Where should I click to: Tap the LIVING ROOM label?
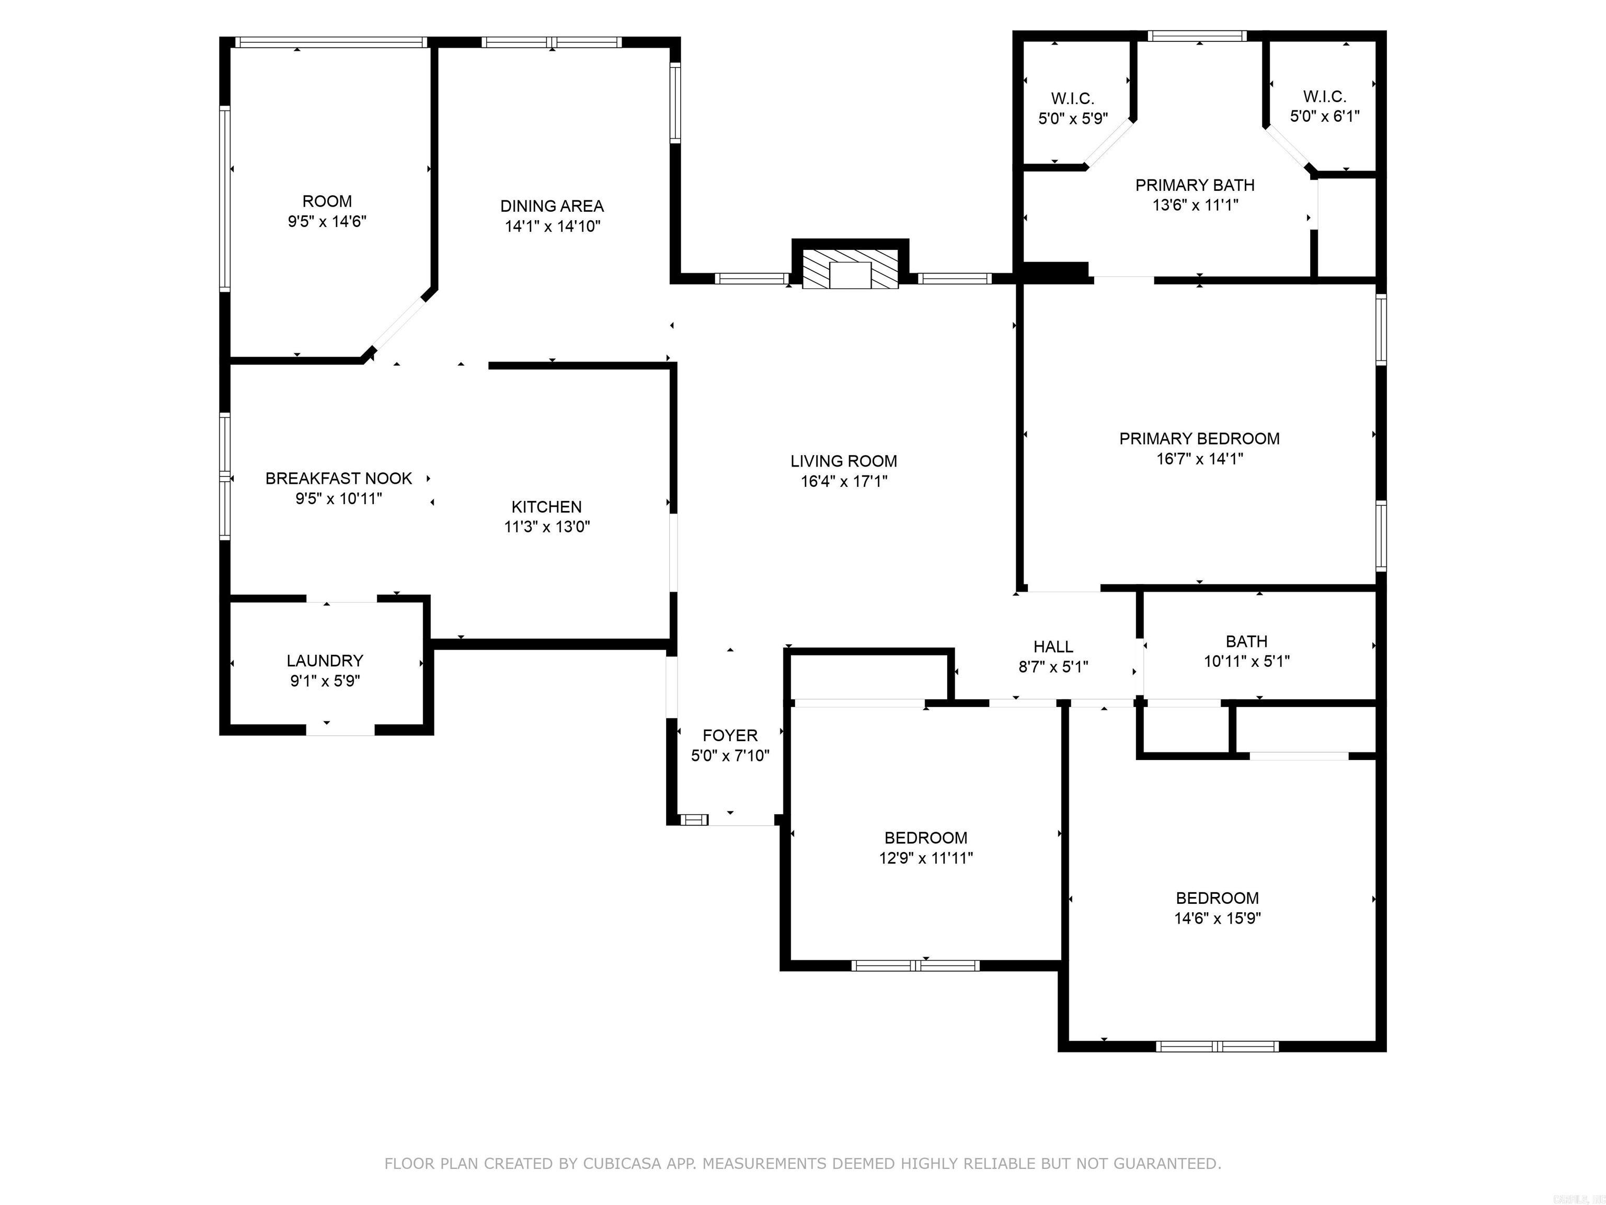pos(844,461)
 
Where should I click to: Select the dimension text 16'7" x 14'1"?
pos(1199,459)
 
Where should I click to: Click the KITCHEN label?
pos(547,507)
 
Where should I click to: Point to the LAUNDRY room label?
pos(325,661)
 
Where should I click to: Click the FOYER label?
pos(730,736)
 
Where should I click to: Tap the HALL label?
pos(1053,647)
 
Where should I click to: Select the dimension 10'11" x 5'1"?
pos(1247,662)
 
